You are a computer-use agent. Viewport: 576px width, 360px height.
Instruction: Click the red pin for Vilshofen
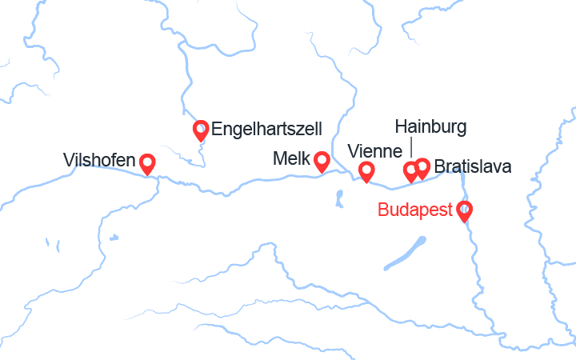[x=147, y=164]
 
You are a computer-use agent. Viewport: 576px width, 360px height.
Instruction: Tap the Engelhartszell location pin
[x=202, y=130]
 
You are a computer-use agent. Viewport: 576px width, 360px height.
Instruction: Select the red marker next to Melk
[x=322, y=162]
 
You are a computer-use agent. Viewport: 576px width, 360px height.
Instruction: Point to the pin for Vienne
[x=366, y=171]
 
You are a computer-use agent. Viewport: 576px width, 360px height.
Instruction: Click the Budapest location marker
[x=464, y=211]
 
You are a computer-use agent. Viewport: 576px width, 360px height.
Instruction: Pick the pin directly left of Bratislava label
[x=422, y=168]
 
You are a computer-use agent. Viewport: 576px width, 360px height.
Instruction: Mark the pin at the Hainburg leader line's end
[x=410, y=171]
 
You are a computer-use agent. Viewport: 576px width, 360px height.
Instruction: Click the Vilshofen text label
[x=98, y=161]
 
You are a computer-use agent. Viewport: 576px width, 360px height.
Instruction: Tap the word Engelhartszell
[x=267, y=128]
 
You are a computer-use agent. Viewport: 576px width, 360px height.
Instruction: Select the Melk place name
[x=291, y=158]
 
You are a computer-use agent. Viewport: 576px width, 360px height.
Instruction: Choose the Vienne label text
[x=375, y=151]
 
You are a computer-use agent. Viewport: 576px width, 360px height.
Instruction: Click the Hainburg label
[x=430, y=126]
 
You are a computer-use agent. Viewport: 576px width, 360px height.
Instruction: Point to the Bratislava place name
[x=473, y=167]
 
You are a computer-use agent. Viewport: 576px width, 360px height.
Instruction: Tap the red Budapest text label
[x=415, y=210]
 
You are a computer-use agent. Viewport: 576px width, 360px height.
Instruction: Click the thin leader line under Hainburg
[x=411, y=147]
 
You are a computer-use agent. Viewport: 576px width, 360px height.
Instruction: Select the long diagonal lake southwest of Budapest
[x=403, y=254]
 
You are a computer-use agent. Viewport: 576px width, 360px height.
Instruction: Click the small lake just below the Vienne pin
[x=340, y=195]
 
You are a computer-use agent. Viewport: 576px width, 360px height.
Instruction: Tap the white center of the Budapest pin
[x=464, y=210]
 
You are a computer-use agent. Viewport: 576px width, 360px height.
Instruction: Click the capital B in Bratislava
[x=440, y=167]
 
